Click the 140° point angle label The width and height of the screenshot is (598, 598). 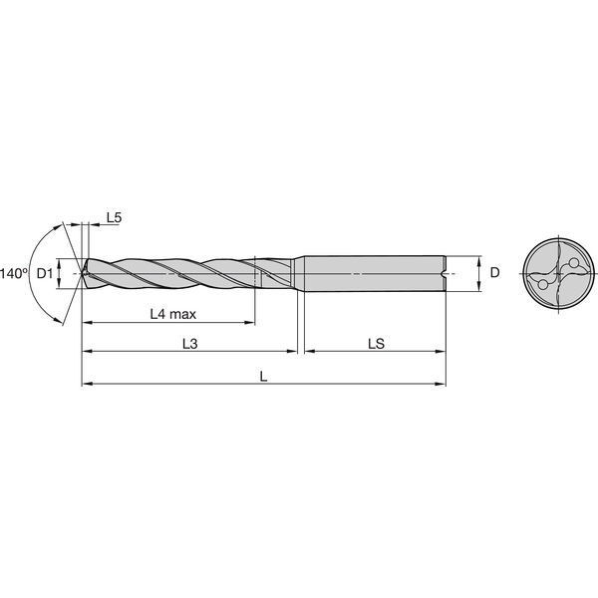tap(13, 272)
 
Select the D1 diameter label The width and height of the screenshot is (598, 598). tap(44, 272)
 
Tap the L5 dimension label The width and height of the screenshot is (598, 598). tap(113, 217)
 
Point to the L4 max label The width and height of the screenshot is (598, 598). tap(172, 314)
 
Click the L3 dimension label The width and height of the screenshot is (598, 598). tap(190, 343)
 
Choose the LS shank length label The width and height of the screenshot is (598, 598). tap(376, 343)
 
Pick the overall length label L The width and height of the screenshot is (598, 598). tap(263, 376)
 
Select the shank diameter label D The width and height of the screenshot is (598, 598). tap(494, 272)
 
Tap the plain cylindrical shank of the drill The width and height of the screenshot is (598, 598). tap(374, 272)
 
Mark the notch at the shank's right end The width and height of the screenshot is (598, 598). tap(443, 272)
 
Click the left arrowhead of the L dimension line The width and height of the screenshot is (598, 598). tap(87, 384)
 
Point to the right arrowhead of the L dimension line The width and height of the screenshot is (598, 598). tap(441, 384)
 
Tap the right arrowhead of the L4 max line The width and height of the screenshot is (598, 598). tap(250, 323)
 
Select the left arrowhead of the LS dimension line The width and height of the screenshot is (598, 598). tap(308, 352)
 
